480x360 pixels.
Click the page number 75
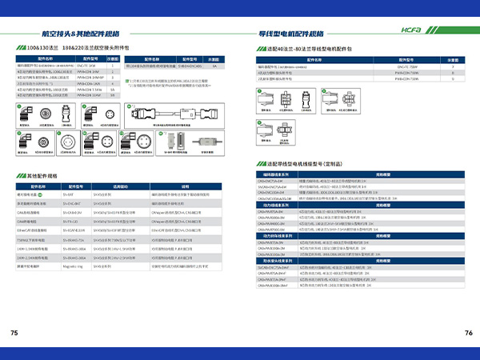pos(14,332)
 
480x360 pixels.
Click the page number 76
pos(468,332)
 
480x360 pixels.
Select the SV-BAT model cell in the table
pos(74,194)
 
